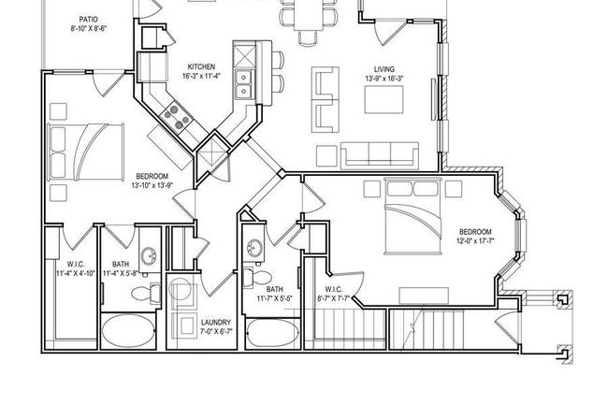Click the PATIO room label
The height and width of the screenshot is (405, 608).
coord(89,19)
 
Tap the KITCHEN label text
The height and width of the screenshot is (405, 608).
coord(202,66)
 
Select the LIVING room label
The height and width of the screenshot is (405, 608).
coord(384,68)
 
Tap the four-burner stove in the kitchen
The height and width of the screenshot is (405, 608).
coord(174,115)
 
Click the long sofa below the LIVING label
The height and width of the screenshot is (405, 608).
coord(379,154)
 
